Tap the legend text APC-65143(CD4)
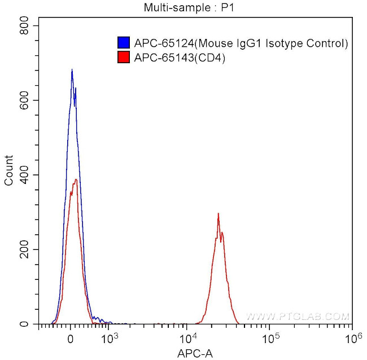pos(180,56)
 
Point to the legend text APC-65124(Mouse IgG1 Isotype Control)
pos(241,43)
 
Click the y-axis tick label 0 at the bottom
pos(29,324)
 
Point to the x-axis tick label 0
pos(70,339)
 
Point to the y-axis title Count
pos(8,174)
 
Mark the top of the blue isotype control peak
pos(72,70)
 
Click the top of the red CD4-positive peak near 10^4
pos(218,214)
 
